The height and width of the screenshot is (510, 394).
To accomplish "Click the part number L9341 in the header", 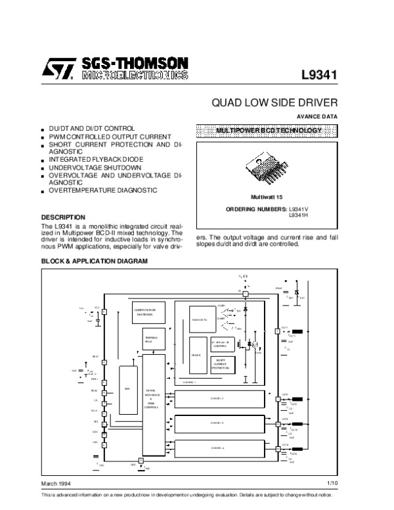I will pos(319,75).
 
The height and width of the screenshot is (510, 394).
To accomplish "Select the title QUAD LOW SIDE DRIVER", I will pos(274,103).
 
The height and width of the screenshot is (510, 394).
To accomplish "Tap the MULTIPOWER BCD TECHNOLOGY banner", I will pos(269,131).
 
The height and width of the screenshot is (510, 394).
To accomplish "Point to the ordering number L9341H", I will pos(298,215).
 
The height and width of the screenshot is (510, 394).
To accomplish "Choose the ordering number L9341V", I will pos(298,209).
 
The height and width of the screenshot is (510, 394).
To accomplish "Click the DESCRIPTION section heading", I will pos(63,217).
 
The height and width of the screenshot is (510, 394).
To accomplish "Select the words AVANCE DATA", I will pos(322,116).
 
